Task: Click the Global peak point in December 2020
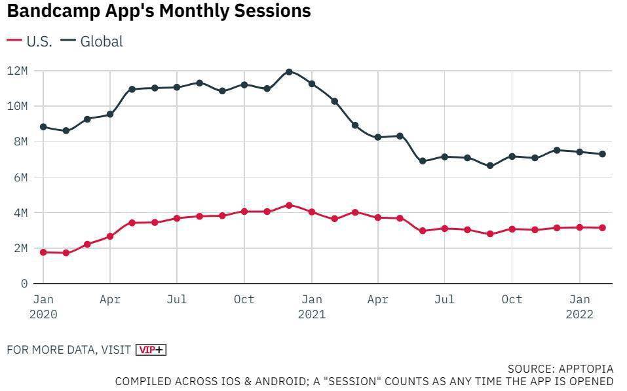point(289,71)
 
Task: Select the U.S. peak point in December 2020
point(289,205)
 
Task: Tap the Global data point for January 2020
point(43,126)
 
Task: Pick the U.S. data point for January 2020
point(43,252)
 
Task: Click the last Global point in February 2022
point(602,154)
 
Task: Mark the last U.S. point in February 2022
point(602,228)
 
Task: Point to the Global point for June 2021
point(423,161)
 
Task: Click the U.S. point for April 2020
point(110,236)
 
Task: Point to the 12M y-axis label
point(17,70)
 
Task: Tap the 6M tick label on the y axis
point(20,177)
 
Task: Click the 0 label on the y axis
point(24,284)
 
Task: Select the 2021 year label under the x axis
point(311,314)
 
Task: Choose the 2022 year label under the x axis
point(580,314)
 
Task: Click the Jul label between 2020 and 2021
point(177,299)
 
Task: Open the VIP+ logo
point(151,350)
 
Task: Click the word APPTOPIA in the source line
point(586,369)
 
